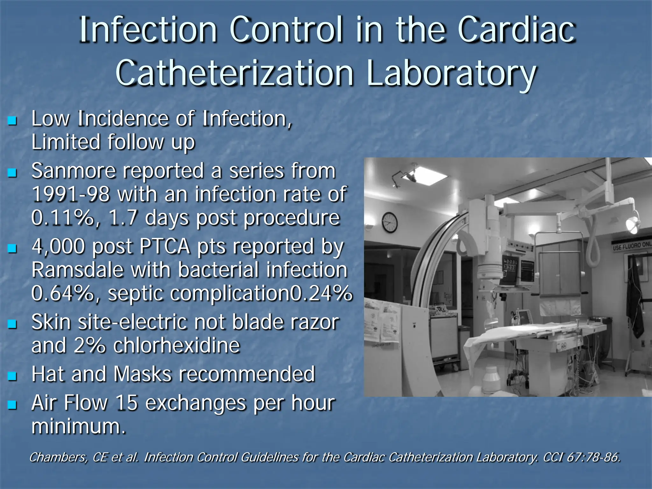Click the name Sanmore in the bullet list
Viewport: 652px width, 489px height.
click(74, 171)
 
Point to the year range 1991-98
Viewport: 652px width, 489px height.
click(71, 194)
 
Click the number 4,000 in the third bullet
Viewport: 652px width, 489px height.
click(58, 246)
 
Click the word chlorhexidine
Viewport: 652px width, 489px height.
click(176, 345)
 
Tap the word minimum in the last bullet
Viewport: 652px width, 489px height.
click(78, 426)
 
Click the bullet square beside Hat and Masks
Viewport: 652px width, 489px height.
click(12, 376)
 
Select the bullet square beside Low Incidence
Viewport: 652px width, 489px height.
click(12, 121)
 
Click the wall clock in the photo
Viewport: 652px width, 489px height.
click(389, 222)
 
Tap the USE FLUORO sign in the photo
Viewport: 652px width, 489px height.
click(632, 245)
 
